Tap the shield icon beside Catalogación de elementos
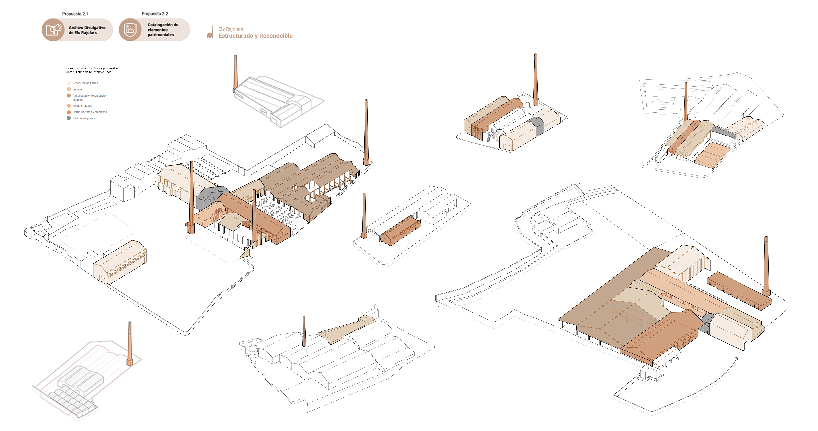130,30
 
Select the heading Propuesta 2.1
75,14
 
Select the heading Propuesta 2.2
155,14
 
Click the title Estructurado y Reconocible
255,36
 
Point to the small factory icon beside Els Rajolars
210,32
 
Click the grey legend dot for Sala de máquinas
69,118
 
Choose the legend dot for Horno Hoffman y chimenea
69,112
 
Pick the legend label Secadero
78,89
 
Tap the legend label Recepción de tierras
85,83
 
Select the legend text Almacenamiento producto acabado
89,98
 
